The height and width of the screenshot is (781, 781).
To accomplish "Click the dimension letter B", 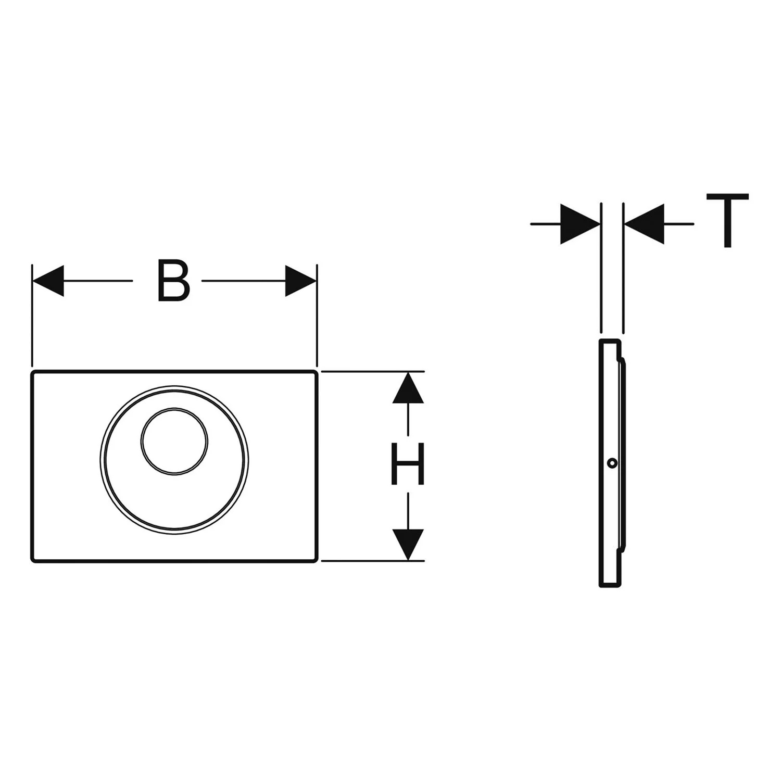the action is click(173, 281).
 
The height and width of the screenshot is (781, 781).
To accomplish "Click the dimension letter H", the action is click(408, 464).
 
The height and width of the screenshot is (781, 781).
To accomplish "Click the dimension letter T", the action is click(727, 220).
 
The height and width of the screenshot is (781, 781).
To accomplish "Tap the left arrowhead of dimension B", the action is click(48, 281).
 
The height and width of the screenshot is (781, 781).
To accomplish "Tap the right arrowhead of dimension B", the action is click(301, 281).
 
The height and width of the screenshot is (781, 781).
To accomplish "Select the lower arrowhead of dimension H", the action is click(408, 545).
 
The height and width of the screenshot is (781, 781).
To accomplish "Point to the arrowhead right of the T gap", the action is click(644, 224).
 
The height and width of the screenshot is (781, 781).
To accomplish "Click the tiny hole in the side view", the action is click(613, 462).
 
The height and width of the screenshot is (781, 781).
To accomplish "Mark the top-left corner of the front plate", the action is click(32, 372).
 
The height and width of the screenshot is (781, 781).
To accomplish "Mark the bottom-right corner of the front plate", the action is click(316, 561).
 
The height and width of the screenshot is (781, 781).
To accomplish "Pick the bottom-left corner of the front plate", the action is click(32, 561).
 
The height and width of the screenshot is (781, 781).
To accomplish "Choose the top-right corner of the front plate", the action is click(316, 372).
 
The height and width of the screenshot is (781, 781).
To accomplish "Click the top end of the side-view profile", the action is click(610, 340).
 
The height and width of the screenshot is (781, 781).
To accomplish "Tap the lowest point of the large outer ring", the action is click(174, 533).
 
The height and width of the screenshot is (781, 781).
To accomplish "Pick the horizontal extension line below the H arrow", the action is click(373, 561).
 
